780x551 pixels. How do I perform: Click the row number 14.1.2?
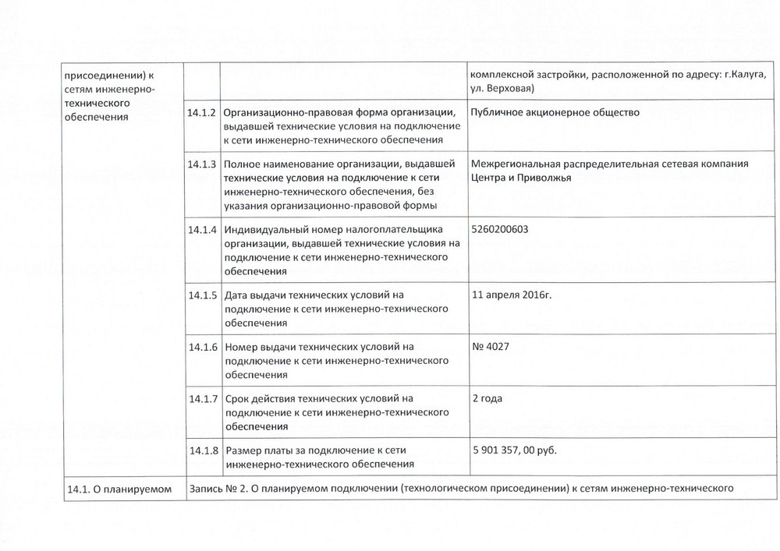(201, 113)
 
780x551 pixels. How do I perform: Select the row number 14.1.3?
(201, 164)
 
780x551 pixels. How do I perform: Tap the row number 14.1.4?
(201, 231)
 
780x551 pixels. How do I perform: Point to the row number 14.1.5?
(201, 296)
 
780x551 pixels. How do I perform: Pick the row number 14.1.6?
(201, 348)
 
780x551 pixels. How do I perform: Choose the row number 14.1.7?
(201, 400)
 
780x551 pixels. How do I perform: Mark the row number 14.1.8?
(201, 451)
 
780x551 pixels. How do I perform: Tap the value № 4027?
(491, 347)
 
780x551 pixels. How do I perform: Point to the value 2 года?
(487, 399)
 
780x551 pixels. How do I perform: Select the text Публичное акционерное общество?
(555, 112)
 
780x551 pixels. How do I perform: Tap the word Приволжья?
(544, 178)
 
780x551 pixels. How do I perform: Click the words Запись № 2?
(217, 489)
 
